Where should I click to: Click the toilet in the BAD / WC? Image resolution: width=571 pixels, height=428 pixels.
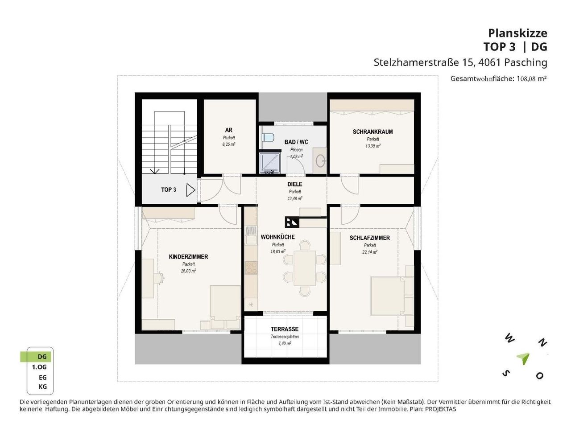coord(267,136)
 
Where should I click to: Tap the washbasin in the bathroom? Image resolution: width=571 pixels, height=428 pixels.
coord(320,161)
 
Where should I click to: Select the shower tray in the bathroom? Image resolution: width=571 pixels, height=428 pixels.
coord(270,162)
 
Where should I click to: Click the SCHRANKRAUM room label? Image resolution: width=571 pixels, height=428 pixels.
coord(372,132)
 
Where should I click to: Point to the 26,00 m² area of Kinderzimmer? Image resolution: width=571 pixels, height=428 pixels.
coord(188,271)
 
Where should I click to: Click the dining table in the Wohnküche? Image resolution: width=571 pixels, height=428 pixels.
coord(304,268)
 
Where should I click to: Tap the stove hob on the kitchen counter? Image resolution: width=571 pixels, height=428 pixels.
coord(251,267)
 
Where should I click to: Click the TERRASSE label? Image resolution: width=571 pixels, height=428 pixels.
coord(284,329)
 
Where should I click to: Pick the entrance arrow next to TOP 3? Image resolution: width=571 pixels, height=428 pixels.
coord(190,190)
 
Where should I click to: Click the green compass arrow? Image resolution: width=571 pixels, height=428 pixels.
coord(523,358)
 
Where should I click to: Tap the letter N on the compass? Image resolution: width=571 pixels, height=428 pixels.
coord(542,343)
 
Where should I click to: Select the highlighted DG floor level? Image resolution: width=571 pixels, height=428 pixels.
coord(36,357)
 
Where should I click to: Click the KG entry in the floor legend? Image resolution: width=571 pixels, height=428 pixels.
coord(42,387)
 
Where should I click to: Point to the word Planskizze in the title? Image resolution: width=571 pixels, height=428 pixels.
coord(517,33)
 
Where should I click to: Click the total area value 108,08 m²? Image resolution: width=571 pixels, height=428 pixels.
coord(531,78)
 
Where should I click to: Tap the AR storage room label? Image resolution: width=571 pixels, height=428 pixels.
coord(229,130)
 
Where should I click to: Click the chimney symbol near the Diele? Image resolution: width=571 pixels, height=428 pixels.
coord(292,222)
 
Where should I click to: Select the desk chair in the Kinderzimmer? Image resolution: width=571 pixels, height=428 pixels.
coord(159,277)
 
